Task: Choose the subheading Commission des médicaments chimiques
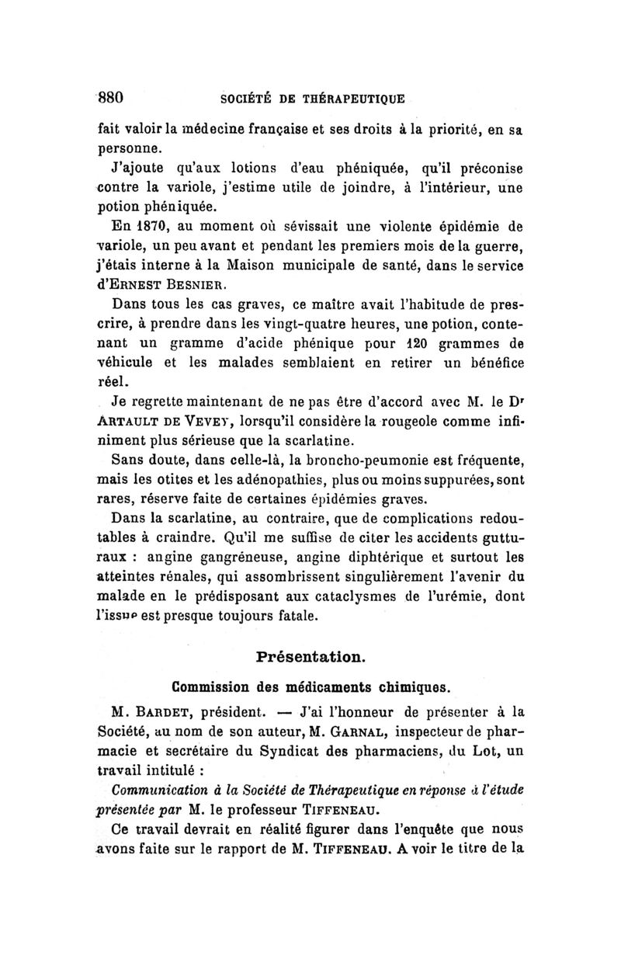point(311,686)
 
